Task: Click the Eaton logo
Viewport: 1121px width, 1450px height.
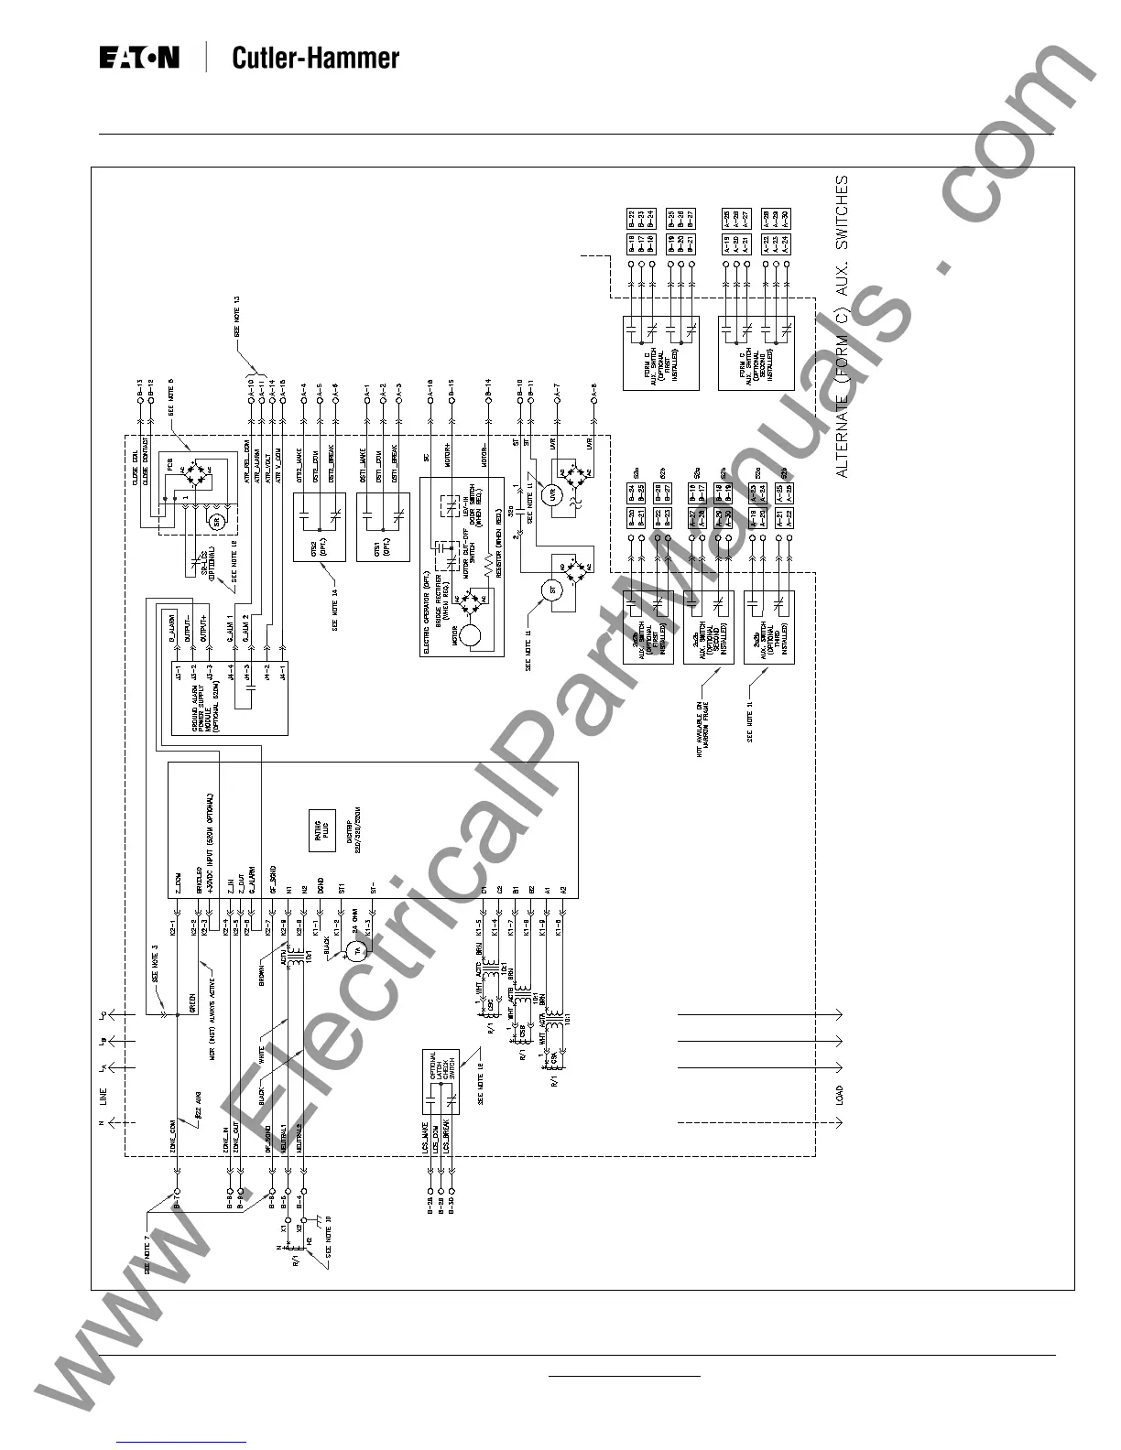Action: pyautogui.click(x=139, y=59)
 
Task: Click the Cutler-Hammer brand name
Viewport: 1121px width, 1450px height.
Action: pyautogui.click(x=315, y=59)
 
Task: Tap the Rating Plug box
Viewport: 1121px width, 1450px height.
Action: pyautogui.click(x=321, y=829)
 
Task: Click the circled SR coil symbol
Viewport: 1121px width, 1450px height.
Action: pyautogui.click(x=217, y=521)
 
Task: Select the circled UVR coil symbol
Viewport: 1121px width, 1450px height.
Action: pyautogui.click(x=551, y=496)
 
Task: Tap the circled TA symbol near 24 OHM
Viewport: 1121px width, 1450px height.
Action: pyautogui.click(x=357, y=951)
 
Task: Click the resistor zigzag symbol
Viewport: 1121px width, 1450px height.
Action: pyautogui.click(x=486, y=574)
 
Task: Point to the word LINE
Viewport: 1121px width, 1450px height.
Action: pyautogui.click(x=103, y=1096)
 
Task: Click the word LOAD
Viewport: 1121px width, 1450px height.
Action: pyautogui.click(x=840, y=1096)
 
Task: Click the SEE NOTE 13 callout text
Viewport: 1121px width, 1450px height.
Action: pyautogui.click(x=236, y=318)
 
